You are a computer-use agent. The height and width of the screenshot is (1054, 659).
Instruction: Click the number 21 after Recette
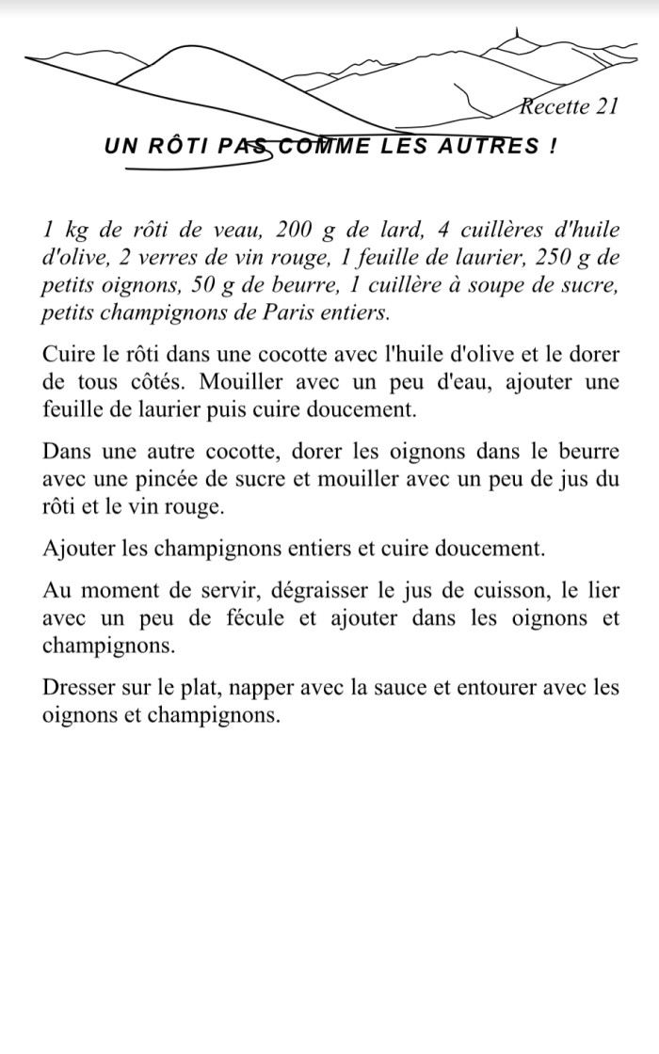[604, 106]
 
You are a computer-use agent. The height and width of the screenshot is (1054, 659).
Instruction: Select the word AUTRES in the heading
[497, 147]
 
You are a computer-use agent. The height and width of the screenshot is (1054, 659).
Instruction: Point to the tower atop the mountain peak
[515, 35]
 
